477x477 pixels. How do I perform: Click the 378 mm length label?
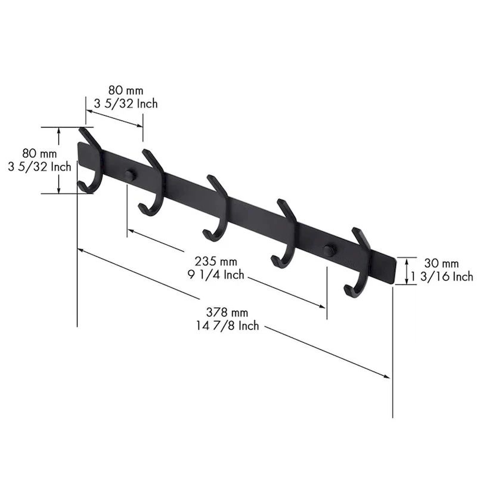(x=227, y=312)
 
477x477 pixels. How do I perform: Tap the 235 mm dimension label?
(x=216, y=261)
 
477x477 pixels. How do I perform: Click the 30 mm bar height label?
(x=441, y=262)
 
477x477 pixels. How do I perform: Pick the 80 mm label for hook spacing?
(x=126, y=90)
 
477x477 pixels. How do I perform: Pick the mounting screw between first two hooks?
(x=128, y=174)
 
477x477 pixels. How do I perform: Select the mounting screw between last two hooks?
(x=328, y=250)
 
